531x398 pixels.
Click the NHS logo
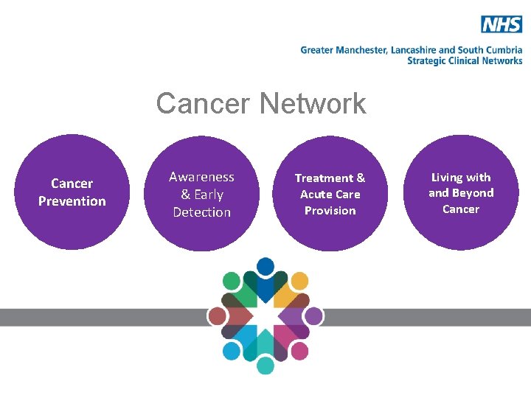(x=502, y=24)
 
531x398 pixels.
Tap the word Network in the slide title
(x=312, y=104)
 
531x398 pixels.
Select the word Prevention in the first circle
(x=72, y=201)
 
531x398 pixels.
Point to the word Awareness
(x=201, y=177)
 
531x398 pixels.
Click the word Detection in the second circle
(x=201, y=212)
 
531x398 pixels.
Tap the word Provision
(x=330, y=211)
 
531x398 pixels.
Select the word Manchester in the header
(x=360, y=50)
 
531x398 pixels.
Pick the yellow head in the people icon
(x=299, y=281)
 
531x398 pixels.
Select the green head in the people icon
(x=232, y=281)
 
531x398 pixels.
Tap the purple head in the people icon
(x=313, y=316)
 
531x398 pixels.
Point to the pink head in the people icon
(x=299, y=351)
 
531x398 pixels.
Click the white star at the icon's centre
(x=265, y=315)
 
